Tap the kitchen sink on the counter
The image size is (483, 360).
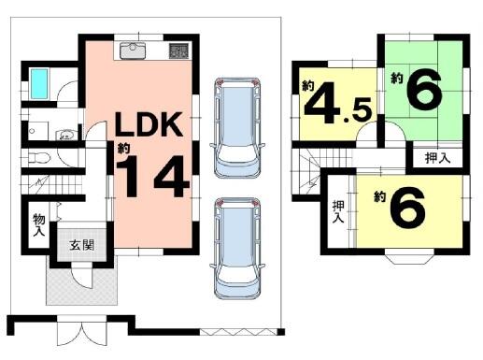point(133,50)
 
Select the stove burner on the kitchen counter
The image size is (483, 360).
point(178,50)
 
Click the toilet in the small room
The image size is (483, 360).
point(39,158)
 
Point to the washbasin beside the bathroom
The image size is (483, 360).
point(65,136)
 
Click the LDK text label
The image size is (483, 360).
point(149,124)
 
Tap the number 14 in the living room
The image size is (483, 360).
point(152,177)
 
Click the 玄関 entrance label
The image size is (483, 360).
point(81,245)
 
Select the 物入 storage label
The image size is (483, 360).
point(39,224)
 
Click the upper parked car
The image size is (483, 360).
point(237,127)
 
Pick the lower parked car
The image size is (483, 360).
point(237,248)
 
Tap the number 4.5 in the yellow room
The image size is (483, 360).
point(337,103)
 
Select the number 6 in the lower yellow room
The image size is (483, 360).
point(407,208)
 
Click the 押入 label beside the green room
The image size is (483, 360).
point(438,159)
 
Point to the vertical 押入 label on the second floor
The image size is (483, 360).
point(338,211)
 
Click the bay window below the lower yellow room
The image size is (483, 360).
point(409,256)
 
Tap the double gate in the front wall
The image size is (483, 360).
point(82,330)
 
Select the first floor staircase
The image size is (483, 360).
point(52,184)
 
